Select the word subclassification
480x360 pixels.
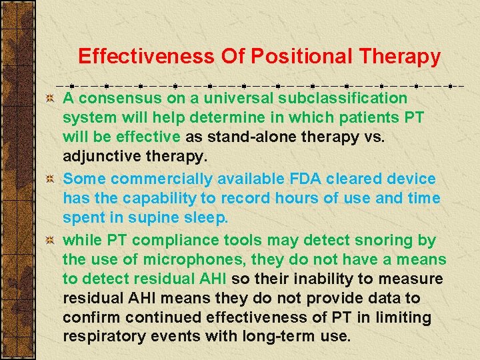coord(341,98)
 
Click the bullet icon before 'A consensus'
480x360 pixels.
coord(49,99)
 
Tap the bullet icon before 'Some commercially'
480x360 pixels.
coord(49,179)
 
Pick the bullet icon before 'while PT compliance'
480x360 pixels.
coord(49,241)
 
